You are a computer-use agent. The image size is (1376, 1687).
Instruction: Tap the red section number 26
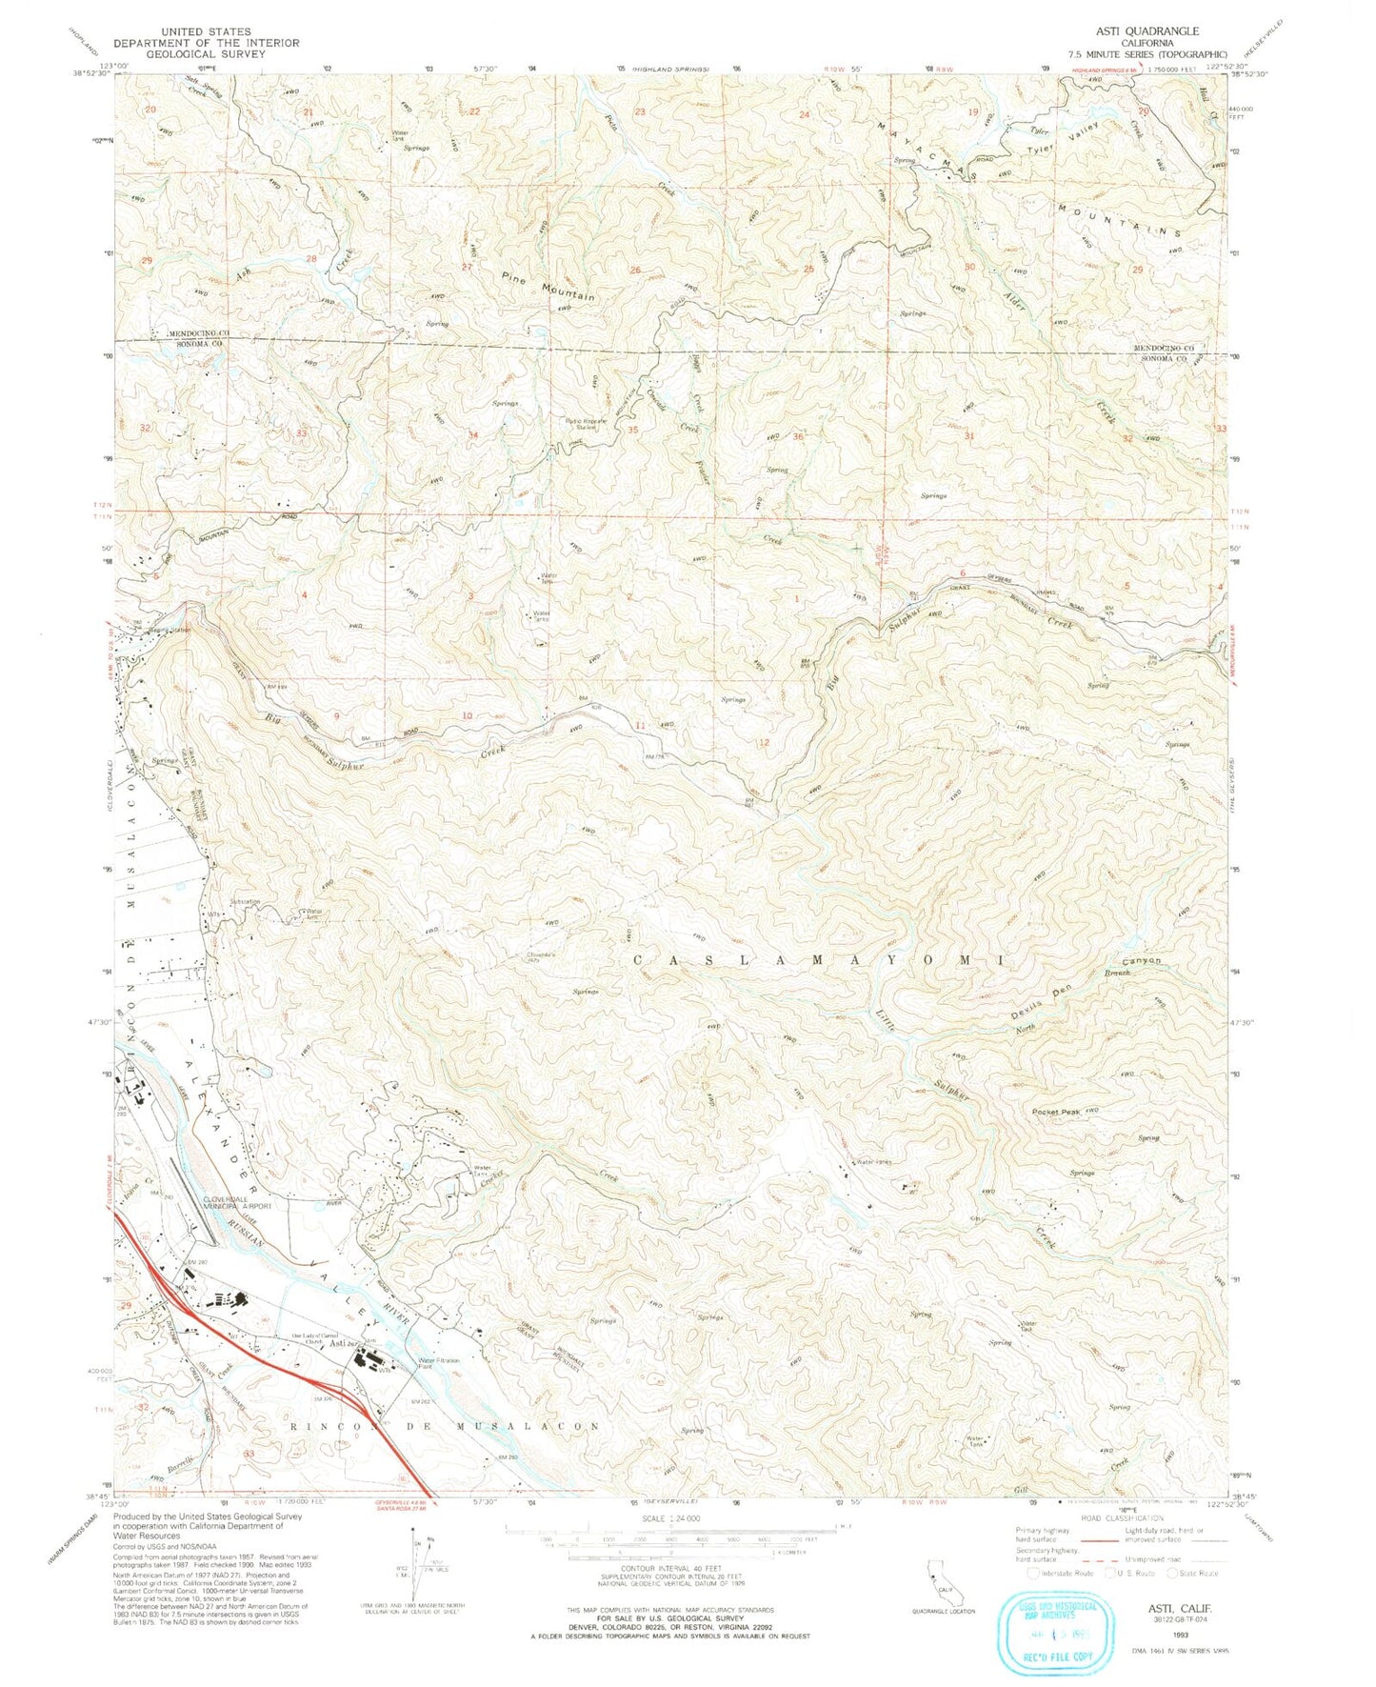pos(634,271)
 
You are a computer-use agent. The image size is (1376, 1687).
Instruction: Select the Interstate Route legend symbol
pos(1033,1573)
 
